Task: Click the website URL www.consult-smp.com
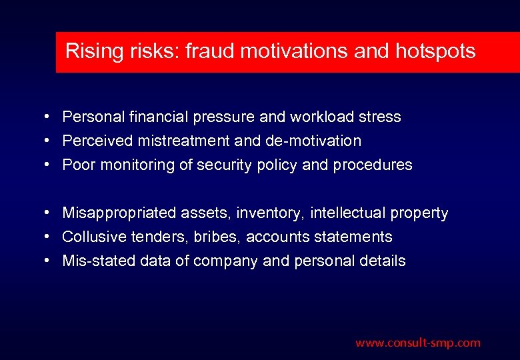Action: [417, 343]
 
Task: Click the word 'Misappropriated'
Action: [119, 213]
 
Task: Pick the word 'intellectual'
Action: [349, 213]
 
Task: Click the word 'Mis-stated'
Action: [99, 261]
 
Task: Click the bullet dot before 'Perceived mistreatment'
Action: [50, 141]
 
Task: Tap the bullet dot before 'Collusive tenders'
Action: [50, 237]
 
